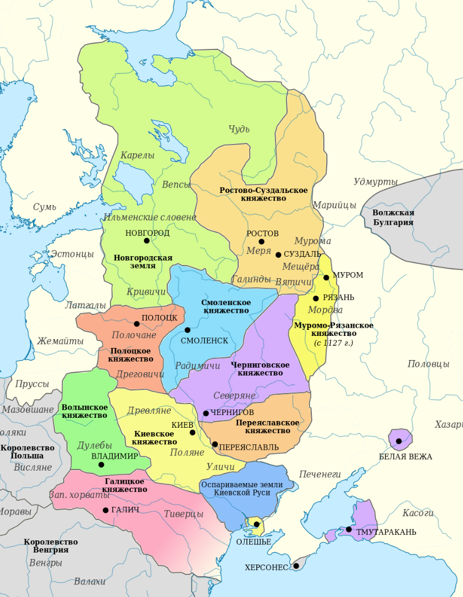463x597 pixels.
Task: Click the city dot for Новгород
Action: pyautogui.click(x=147, y=241)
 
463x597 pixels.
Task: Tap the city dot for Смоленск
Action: pyautogui.click(x=188, y=330)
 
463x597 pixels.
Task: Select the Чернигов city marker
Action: pyautogui.click(x=206, y=413)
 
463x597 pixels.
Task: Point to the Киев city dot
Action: pyautogui.click(x=192, y=433)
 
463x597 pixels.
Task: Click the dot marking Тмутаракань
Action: pyautogui.click(x=349, y=529)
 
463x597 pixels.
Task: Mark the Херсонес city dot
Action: pyautogui.click(x=296, y=566)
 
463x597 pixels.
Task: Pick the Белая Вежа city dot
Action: pyautogui.click(x=399, y=441)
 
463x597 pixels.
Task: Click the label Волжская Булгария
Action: pyautogui.click(x=393, y=218)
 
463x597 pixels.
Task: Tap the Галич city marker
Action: pyautogui.click(x=106, y=510)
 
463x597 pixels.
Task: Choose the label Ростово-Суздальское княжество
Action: pyautogui.click(x=263, y=194)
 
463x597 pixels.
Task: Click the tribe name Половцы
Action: pyautogui.click(x=428, y=364)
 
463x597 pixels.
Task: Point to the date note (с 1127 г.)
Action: pyautogui.click(x=333, y=342)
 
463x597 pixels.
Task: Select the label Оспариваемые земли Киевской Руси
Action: pyautogui.click(x=242, y=489)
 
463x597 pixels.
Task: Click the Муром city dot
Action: pyautogui.click(x=326, y=278)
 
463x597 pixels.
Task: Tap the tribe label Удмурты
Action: pyautogui.click(x=376, y=182)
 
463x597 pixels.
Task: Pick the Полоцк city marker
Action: pyautogui.click(x=137, y=324)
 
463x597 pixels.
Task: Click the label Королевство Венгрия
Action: pyautogui.click(x=51, y=546)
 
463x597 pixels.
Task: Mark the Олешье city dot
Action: pyautogui.click(x=256, y=524)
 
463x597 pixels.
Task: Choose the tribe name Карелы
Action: pyautogui.click(x=137, y=156)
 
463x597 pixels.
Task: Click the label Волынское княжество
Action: pyautogui.click(x=85, y=411)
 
